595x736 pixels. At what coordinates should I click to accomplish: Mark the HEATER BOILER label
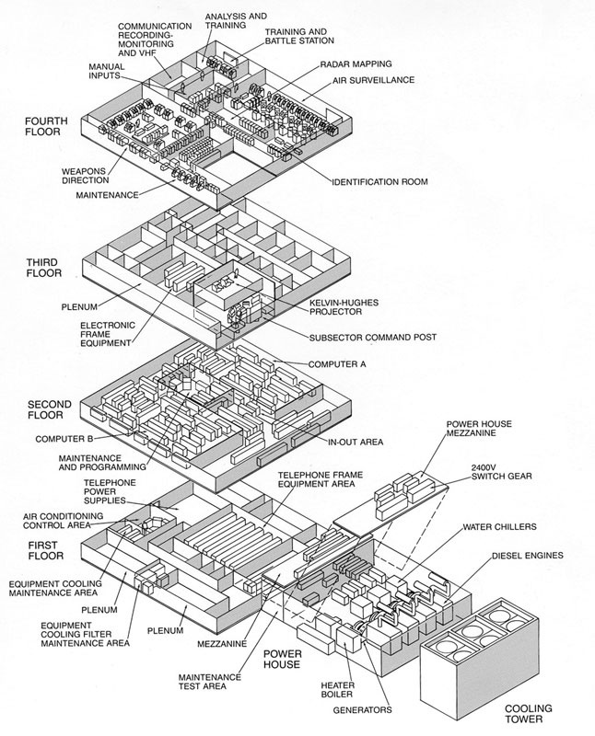tap(337, 690)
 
